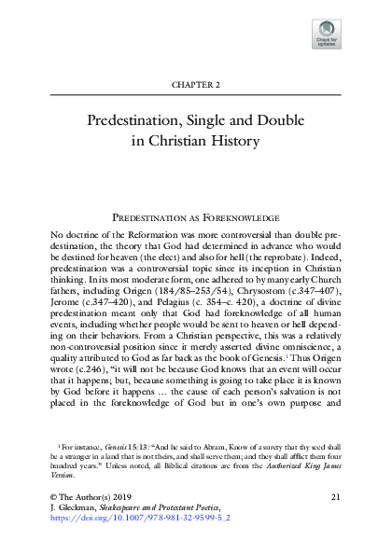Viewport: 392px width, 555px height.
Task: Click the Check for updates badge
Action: coord(327,32)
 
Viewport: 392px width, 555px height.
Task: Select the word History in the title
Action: coord(232,143)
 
